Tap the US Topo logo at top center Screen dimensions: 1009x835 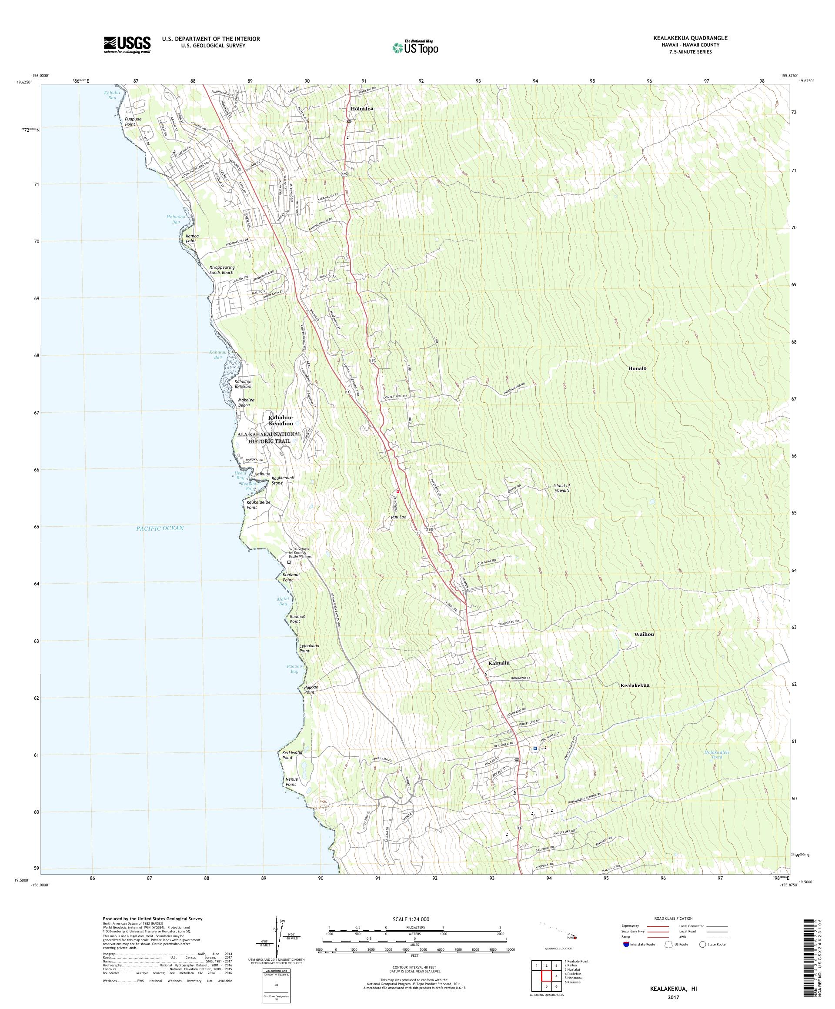coord(416,47)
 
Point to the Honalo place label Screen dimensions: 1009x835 coord(637,368)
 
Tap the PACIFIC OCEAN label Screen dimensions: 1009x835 coord(160,528)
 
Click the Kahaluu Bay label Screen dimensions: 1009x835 coord(216,354)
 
